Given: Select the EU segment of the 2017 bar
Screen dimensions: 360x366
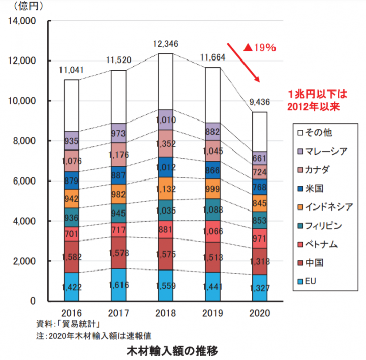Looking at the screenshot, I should click(x=119, y=285).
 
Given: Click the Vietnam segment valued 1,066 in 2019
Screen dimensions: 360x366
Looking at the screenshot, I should click(x=213, y=231).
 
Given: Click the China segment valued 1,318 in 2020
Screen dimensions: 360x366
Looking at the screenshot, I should click(x=260, y=261).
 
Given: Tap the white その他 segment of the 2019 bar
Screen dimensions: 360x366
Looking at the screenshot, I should click(x=213, y=95).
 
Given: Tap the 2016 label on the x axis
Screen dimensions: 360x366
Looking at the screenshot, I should click(x=72, y=312).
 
